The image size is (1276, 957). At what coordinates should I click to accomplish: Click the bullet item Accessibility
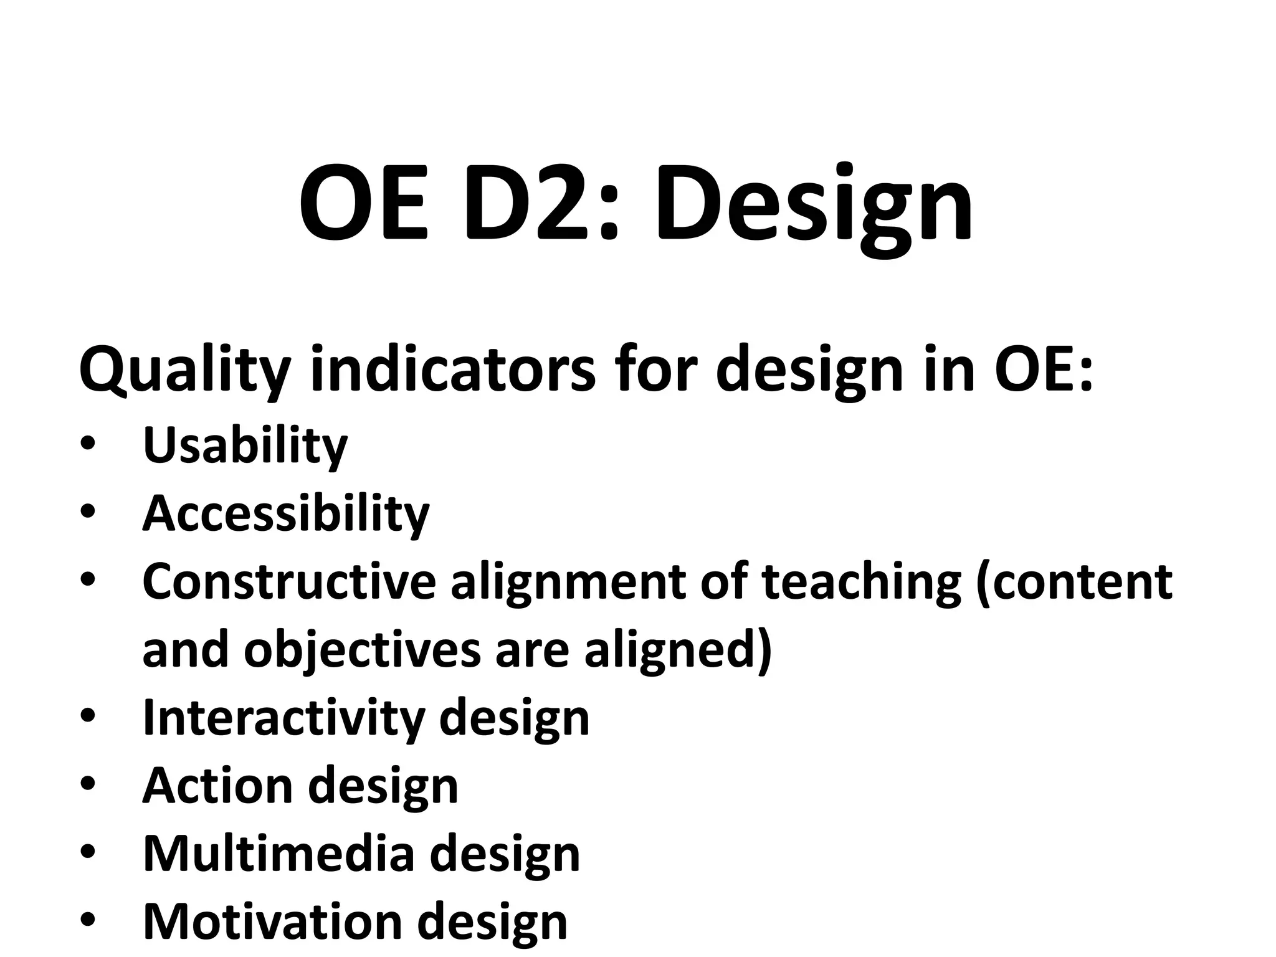pos(286,515)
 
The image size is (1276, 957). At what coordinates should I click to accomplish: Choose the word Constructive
pos(289,582)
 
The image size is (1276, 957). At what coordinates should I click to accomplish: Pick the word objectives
pos(362,652)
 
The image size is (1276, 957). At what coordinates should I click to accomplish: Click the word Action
pos(217,786)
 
